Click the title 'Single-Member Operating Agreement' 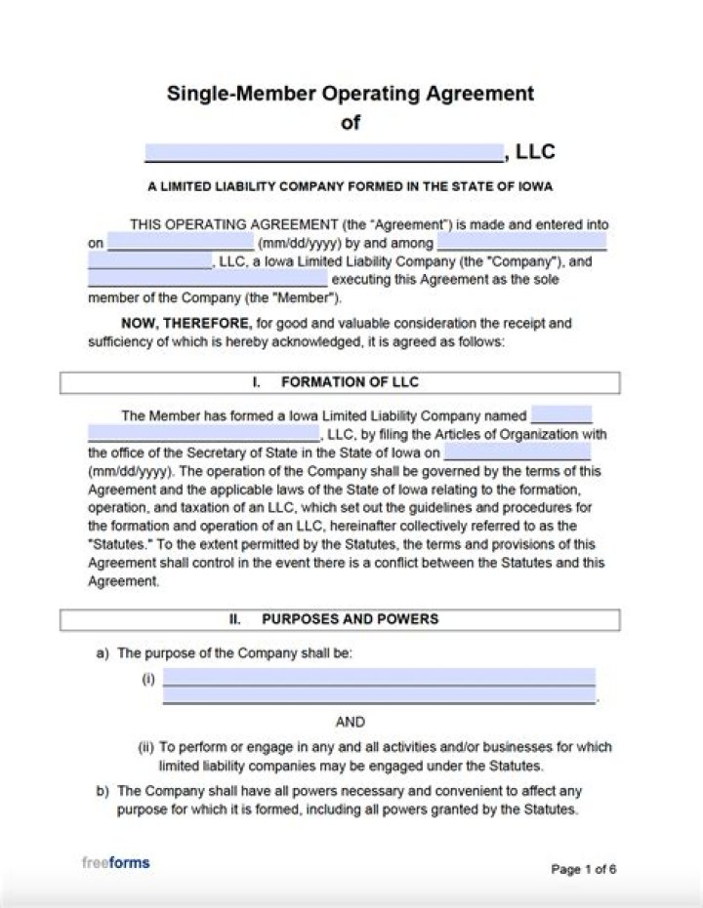click(x=351, y=94)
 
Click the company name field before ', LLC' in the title click(x=323, y=152)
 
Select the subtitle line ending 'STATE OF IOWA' click(x=351, y=186)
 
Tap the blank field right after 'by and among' click(x=521, y=241)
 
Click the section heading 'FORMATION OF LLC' click(x=350, y=382)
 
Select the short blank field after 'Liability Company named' click(x=560, y=415)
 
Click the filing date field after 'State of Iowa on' click(x=517, y=453)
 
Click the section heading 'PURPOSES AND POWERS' click(x=350, y=619)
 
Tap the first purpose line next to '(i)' click(x=379, y=678)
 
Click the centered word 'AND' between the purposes click(x=351, y=722)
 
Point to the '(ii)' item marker click(x=145, y=747)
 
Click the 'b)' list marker click(x=103, y=791)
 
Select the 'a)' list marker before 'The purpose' click(x=103, y=653)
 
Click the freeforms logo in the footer click(x=115, y=863)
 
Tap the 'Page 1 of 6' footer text click(x=583, y=869)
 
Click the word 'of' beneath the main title click(x=350, y=123)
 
